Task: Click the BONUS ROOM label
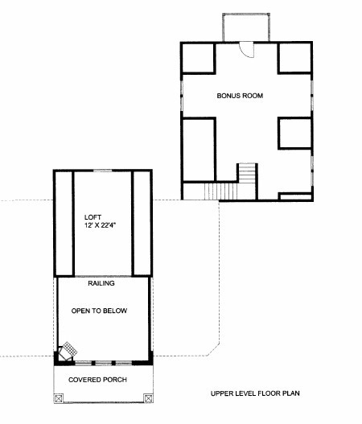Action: click(240, 96)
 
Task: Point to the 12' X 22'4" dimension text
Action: click(100, 225)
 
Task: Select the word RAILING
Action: click(101, 283)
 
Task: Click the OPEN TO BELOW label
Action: click(99, 311)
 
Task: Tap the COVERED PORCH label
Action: click(97, 380)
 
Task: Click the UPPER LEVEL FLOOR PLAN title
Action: click(255, 393)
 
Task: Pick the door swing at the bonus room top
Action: click(247, 49)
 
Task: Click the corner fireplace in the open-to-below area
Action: click(67, 352)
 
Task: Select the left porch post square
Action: click(59, 398)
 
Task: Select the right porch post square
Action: click(148, 398)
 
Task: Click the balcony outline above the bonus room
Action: click(246, 14)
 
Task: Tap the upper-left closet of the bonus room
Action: click(198, 58)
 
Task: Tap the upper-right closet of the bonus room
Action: click(295, 58)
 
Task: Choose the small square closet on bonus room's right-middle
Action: click(295, 133)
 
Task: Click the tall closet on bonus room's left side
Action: click(199, 150)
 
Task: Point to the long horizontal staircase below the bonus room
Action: click(220, 191)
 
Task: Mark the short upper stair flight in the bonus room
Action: click(247, 173)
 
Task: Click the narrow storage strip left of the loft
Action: click(64, 224)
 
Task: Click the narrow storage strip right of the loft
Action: click(142, 224)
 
